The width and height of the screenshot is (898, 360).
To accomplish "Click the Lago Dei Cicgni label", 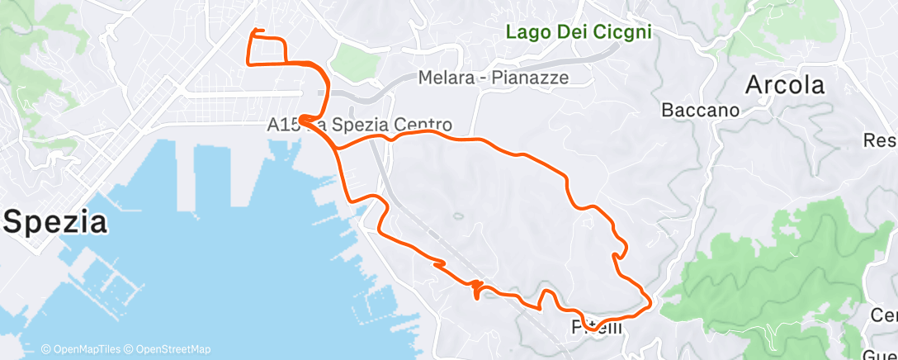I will click(578, 32).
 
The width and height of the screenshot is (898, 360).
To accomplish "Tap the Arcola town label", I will click(784, 85).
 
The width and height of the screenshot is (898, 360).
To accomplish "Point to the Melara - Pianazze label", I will click(505, 78).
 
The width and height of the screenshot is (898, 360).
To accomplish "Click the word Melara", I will click(447, 78).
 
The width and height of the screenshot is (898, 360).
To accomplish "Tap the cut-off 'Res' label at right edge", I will click(880, 140).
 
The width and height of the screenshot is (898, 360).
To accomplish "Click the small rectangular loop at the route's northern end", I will click(267, 50).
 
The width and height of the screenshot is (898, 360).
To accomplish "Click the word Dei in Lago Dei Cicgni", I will click(569, 32).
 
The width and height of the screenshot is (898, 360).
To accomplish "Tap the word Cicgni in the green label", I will click(622, 32).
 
